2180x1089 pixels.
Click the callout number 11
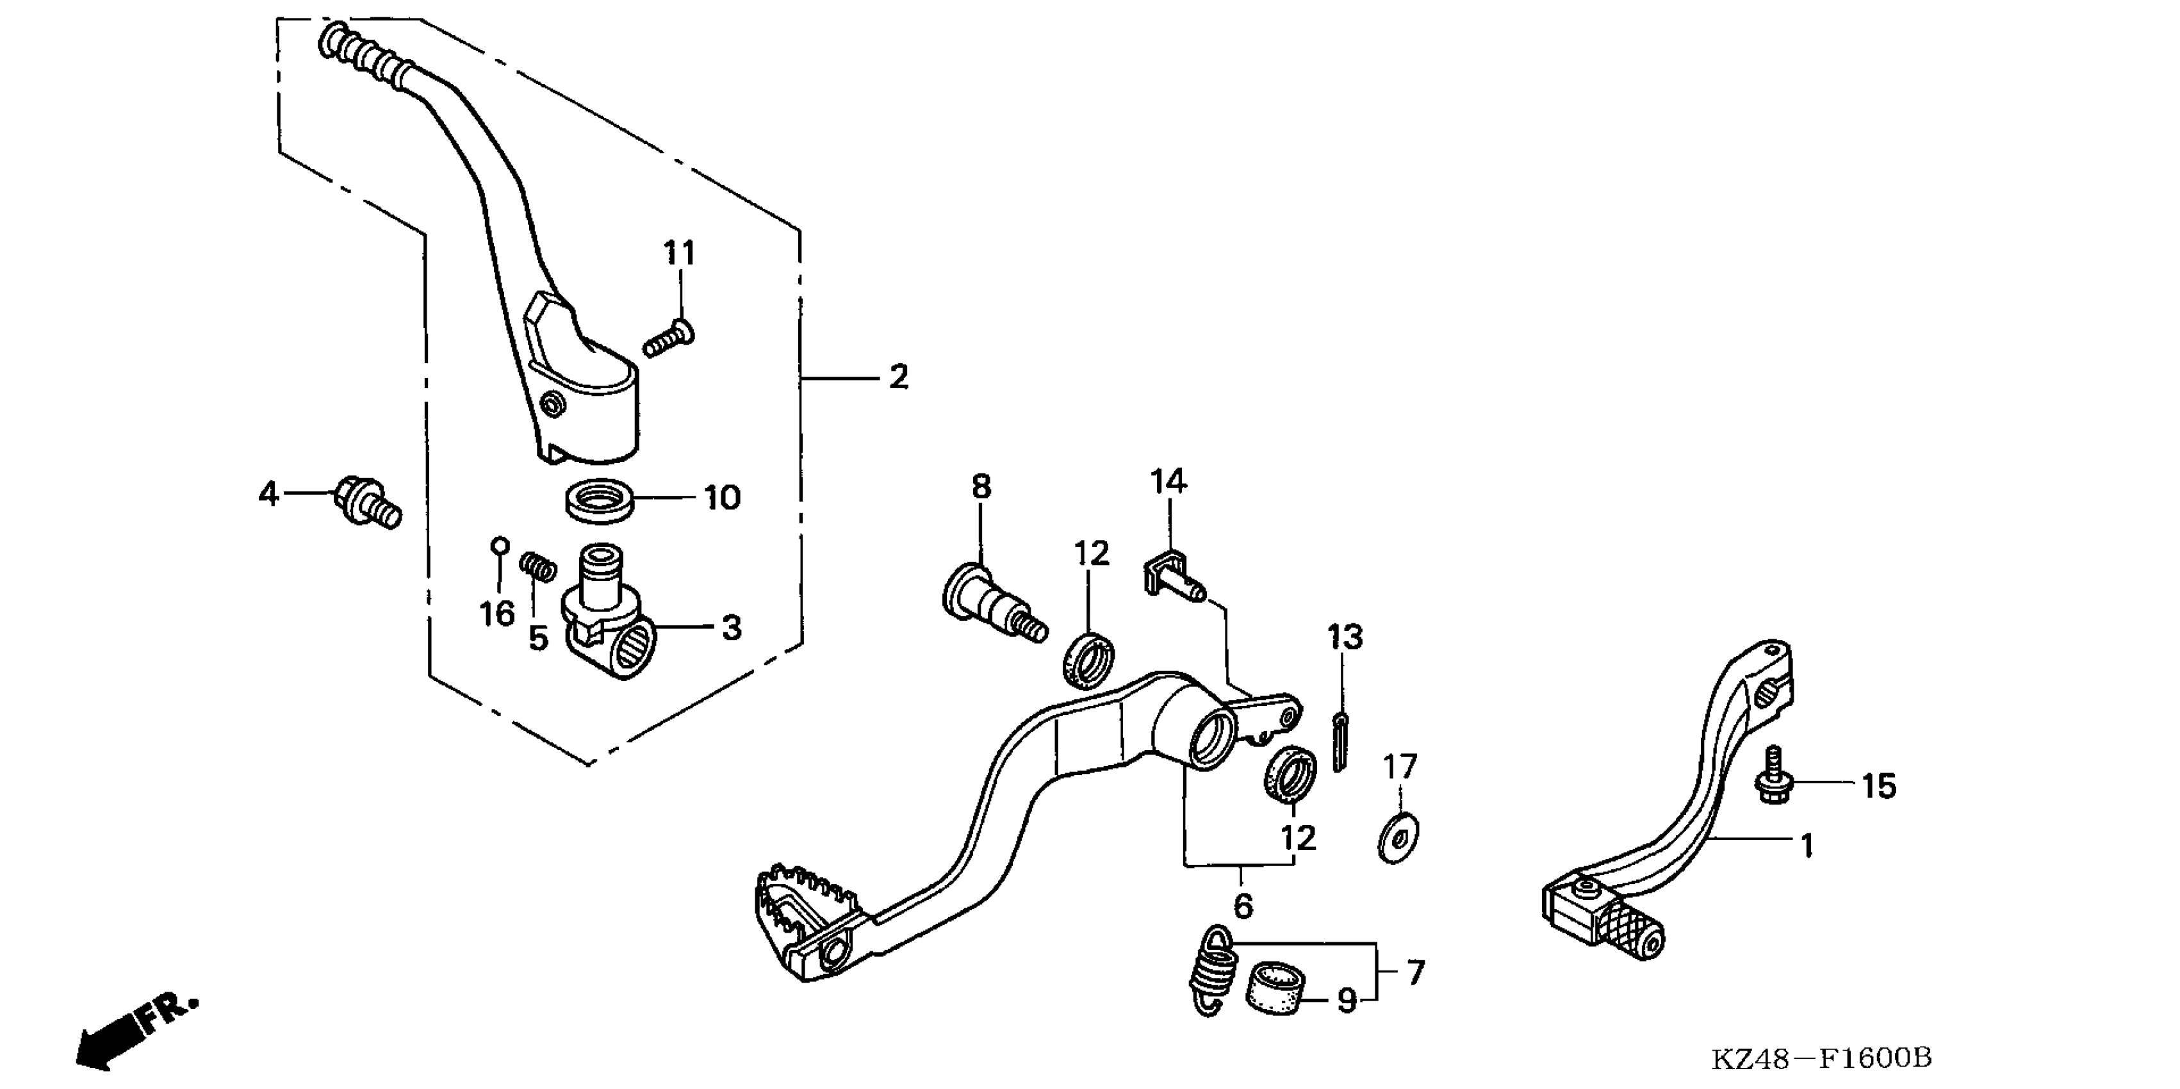tap(678, 252)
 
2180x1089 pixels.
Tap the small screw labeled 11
tap(668, 340)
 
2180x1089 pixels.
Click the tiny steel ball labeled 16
tap(499, 544)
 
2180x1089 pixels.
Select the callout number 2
tap(899, 377)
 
